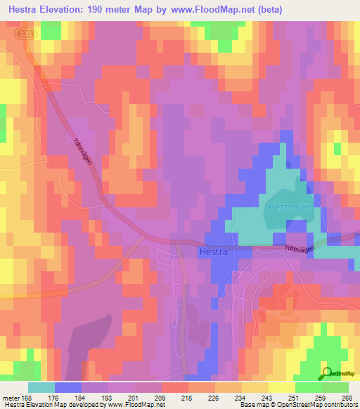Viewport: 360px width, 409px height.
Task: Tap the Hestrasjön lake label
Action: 288,208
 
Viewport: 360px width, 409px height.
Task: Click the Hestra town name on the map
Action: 212,252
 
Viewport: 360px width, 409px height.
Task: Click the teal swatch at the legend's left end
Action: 41,387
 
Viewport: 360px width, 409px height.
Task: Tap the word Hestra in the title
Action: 28,11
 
